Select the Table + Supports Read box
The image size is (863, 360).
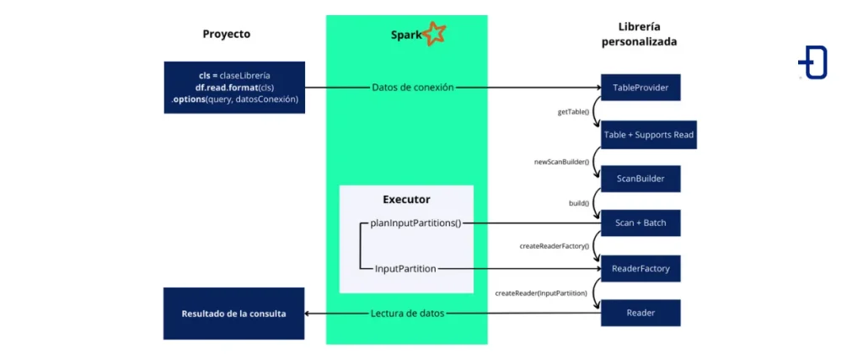(x=648, y=135)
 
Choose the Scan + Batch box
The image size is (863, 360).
(x=640, y=223)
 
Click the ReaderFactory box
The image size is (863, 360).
(x=640, y=268)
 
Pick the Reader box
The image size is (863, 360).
(x=640, y=313)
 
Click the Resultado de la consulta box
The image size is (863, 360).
(x=233, y=314)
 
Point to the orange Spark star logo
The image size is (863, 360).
(x=434, y=34)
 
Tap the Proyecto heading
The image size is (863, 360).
(x=226, y=35)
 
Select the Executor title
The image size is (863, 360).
(x=406, y=200)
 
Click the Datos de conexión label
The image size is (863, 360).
(x=412, y=87)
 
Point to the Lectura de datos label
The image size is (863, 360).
(x=407, y=314)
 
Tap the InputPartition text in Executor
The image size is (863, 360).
(x=405, y=268)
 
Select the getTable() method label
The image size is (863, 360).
(x=572, y=110)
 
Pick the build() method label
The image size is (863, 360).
(x=579, y=203)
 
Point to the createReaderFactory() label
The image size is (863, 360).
(x=554, y=246)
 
